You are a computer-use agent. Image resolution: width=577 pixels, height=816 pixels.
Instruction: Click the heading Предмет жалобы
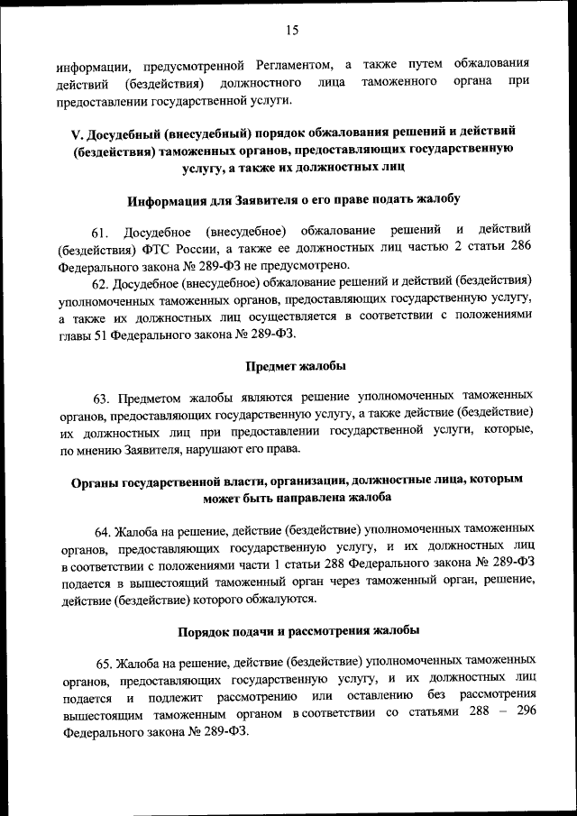(x=289, y=366)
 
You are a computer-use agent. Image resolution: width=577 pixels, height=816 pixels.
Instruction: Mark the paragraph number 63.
(x=103, y=397)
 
